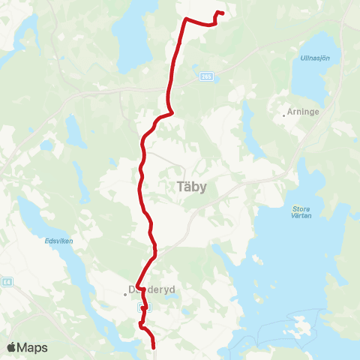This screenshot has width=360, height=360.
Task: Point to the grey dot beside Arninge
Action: coord(286,115)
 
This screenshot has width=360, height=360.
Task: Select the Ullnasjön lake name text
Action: coord(315,58)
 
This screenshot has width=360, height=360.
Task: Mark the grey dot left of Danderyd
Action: coord(125,294)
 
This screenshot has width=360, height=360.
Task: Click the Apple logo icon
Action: coord(12,348)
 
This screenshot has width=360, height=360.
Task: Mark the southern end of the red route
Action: coord(154,347)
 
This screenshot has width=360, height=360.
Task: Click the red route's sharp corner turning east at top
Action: coord(186,19)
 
